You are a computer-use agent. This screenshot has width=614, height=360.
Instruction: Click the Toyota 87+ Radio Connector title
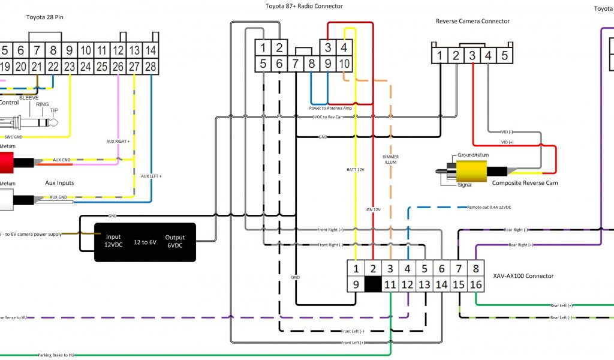pyautogui.click(x=304, y=7)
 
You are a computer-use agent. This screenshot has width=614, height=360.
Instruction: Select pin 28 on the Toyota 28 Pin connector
pyautogui.click(x=151, y=66)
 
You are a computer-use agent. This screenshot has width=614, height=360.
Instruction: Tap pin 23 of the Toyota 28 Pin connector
pyautogui.click(x=70, y=66)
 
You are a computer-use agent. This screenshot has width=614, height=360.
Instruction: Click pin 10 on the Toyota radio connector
pyautogui.click(x=345, y=63)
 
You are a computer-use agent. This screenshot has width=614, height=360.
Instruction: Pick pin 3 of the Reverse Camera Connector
pyautogui.click(x=472, y=56)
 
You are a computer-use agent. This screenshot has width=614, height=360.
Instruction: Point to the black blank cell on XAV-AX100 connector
pyautogui.click(x=373, y=284)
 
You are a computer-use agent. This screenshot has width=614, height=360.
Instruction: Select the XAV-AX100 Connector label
pyautogui.click(x=523, y=276)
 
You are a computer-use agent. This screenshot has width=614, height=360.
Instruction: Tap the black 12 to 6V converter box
pyautogui.click(x=145, y=242)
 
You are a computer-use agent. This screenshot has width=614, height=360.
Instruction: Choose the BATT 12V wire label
pyautogui.click(x=356, y=170)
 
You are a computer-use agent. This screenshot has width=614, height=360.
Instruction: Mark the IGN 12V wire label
pyautogui.click(x=373, y=209)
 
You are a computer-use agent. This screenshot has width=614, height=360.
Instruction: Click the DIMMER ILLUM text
pyautogui.click(x=390, y=160)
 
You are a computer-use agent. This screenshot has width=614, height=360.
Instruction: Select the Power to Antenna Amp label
pyautogui.click(x=330, y=109)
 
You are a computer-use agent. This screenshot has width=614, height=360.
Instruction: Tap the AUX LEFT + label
pyautogui.click(x=152, y=176)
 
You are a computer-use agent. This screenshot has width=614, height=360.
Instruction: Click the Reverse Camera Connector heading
pyautogui.click(x=472, y=21)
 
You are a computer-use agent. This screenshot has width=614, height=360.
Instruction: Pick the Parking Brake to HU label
pyautogui.click(x=56, y=355)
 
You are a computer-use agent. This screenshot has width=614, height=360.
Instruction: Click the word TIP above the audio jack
pyautogui.click(x=55, y=111)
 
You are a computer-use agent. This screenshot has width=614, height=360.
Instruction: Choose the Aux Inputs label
pyautogui.click(x=59, y=182)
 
